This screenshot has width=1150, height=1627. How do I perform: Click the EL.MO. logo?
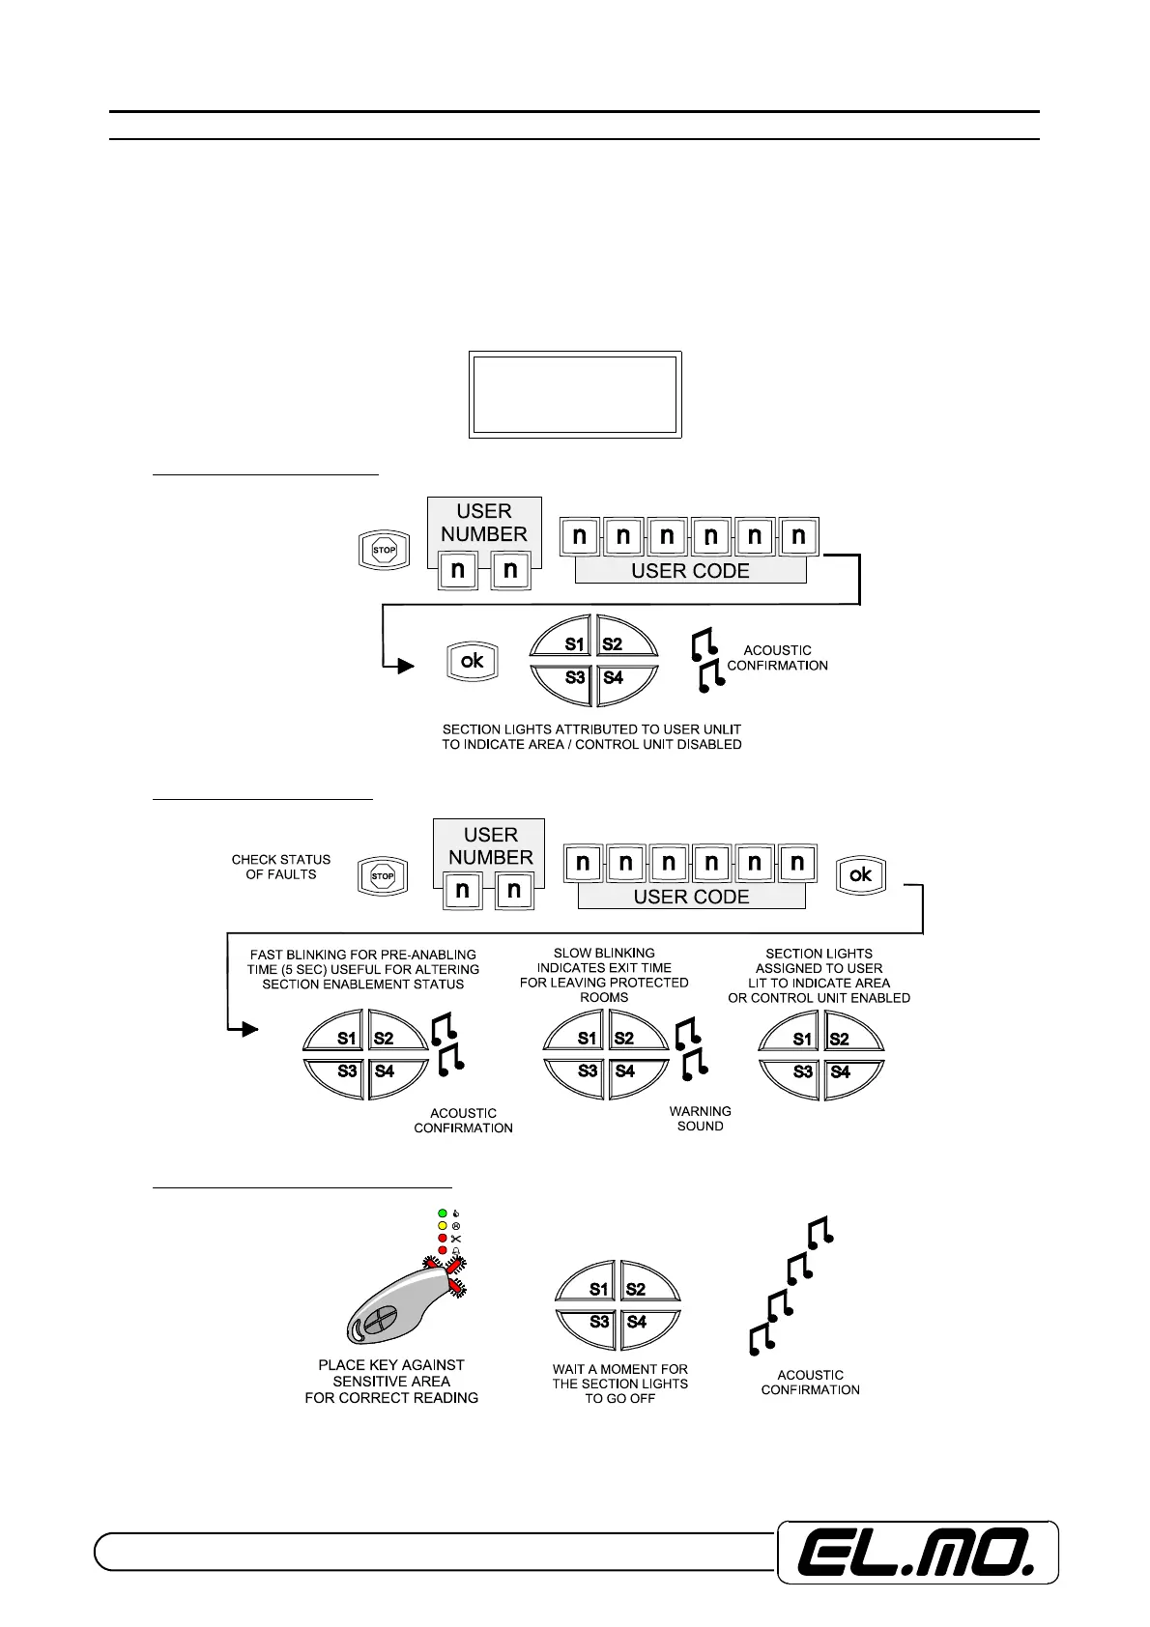click(x=918, y=1553)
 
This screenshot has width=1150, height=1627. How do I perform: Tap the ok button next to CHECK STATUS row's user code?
click(x=860, y=875)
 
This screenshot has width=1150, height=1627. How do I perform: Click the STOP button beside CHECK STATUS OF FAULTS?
click(x=383, y=876)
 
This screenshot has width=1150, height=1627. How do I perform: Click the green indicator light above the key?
click(x=443, y=1213)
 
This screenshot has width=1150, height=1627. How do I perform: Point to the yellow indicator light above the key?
click(x=443, y=1225)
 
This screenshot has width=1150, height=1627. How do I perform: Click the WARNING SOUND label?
click(x=700, y=1119)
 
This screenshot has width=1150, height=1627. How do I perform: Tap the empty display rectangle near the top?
click(x=575, y=394)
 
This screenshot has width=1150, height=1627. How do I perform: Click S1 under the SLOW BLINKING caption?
click(x=587, y=1039)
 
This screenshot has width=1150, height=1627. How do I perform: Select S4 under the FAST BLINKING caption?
click(x=385, y=1071)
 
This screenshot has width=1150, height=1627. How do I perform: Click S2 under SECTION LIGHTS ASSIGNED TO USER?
click(x=839, y=1040)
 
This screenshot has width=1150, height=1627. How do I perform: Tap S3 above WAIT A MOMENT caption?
click(x=599, y=1322)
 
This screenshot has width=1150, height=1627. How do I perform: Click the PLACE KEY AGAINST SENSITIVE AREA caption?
click(x=391, y=1381)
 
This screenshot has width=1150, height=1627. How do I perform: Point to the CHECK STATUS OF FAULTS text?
click(x=280, y=867)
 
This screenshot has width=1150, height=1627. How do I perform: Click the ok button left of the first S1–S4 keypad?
click(x=472, y=661)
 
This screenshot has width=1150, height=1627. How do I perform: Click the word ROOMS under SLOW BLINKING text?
click(x=604, y=997)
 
